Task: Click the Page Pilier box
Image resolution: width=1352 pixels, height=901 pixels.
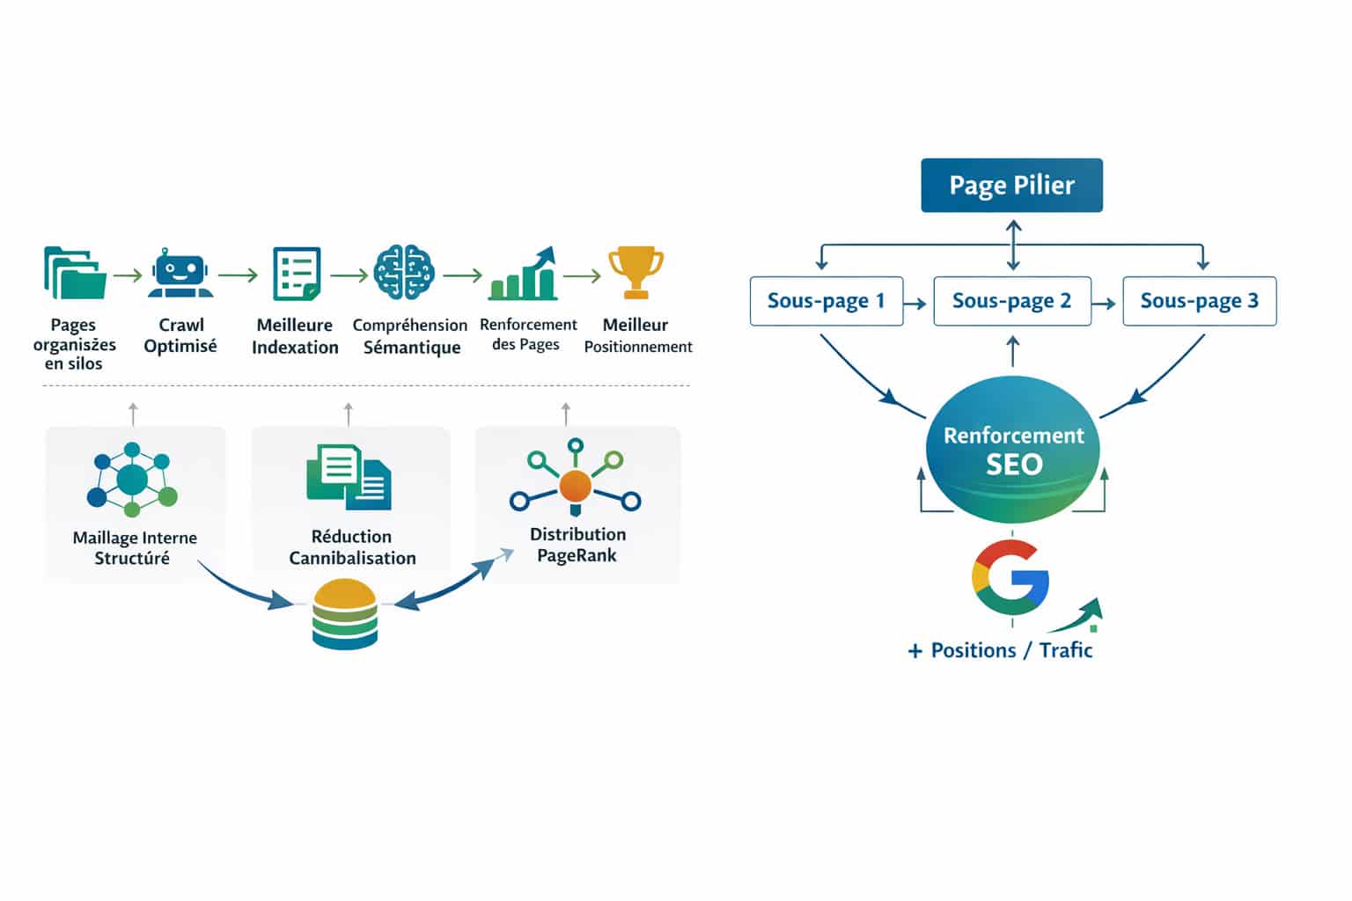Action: coord(1011,186)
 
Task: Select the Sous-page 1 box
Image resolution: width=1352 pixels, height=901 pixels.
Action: coord(826,301)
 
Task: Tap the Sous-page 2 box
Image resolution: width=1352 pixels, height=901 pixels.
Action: coord(1011,301)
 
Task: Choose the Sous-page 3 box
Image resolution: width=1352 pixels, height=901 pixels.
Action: coord(1199,301)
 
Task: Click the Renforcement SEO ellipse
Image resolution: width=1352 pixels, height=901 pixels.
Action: coord(1012,449)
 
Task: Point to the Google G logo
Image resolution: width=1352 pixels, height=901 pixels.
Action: coord(1010,577)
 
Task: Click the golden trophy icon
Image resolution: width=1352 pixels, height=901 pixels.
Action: coord(636,272)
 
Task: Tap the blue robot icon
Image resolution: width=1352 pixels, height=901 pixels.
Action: coord(180,273)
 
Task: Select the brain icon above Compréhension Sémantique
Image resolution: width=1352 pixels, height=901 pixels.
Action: coord(404,273)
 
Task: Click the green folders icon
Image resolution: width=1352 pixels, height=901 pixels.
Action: coord(75,273)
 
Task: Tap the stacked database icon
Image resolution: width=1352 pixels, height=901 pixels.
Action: coord(345,614)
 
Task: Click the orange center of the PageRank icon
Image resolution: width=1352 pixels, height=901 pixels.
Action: coord(575,485)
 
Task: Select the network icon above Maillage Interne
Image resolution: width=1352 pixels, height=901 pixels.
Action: coord(132,480)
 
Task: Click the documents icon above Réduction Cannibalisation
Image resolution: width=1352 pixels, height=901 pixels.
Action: coord(349,477)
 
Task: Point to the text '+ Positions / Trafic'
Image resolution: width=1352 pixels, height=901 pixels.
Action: coord(1000,651)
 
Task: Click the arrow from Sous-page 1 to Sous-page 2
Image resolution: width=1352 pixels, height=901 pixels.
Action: coord(916,304)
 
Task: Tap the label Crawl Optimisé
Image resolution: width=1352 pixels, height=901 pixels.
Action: coord(180,335)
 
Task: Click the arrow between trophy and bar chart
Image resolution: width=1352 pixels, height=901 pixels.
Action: coord(582,276)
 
